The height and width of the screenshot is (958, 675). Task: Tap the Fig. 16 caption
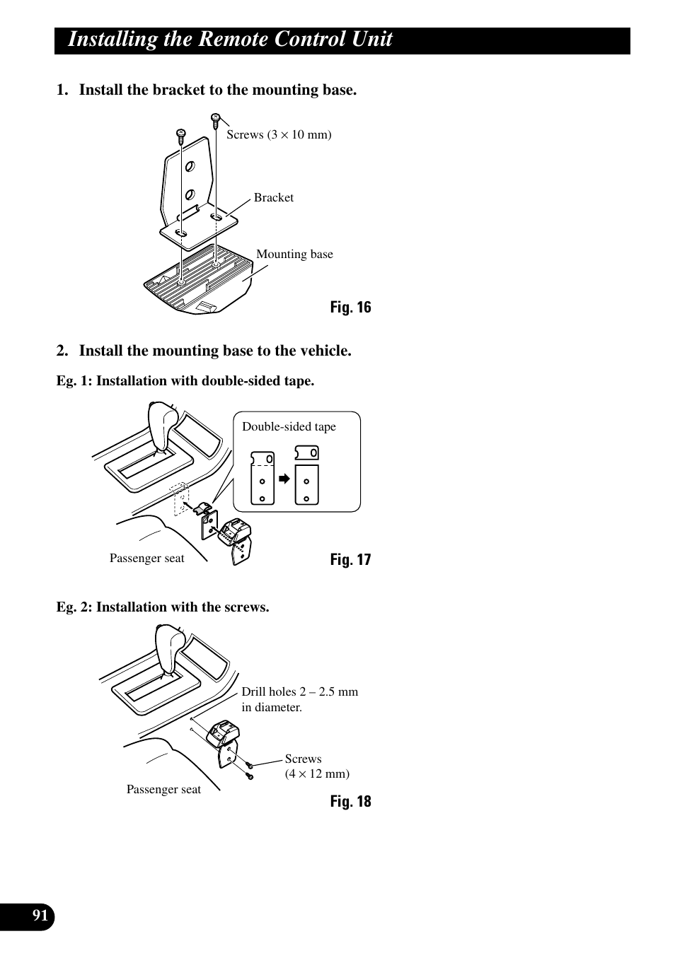click(x=350, y=308)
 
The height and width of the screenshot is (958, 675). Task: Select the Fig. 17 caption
click(x=350, y=559)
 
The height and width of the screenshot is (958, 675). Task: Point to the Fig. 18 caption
click(x=350, y=801)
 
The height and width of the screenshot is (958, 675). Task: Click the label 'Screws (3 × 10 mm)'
click(x=279, y=135)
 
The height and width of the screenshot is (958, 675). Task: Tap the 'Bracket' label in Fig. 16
click(x=274, y=197)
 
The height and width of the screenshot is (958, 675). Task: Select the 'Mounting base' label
click(x=294, y=254)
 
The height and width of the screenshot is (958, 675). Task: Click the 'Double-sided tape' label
click(x=289, y=427)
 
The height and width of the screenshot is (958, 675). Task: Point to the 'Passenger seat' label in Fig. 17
click(x=146, y=558)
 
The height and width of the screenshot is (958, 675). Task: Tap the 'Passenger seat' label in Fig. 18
click(x=163, y=789)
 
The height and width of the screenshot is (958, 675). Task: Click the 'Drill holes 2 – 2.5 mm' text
click(x=299, y=691)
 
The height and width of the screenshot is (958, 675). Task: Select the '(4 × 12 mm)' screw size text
click(x=317, y=773)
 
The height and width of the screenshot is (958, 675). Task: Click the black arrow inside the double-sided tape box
click(x=284, y=479)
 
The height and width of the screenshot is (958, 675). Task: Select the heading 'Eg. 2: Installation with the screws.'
click(x=163, y=607)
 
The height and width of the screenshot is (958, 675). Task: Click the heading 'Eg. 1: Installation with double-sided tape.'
click(x=185, y=380)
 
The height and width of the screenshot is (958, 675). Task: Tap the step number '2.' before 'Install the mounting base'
click(x=62, y=351)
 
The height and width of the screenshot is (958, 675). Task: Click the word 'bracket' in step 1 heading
click(x=179, y=90)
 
